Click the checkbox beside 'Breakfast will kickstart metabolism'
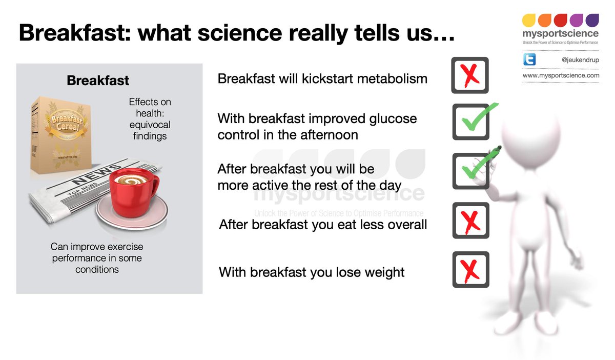(470, 75)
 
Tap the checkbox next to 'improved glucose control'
(470, 122)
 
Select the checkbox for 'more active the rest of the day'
(470, 171)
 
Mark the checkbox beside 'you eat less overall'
(470, 221)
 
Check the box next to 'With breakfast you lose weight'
(470, 270)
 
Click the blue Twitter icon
(529, 59)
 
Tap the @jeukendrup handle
(580, 59)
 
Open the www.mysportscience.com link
(561, 75)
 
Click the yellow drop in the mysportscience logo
(528, 21)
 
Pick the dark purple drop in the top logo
(592, 21)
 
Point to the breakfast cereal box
(61, 135)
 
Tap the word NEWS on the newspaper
(96, 174)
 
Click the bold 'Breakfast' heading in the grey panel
(98, 81)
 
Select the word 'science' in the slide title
(240, 33)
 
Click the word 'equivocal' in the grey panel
(150, 125)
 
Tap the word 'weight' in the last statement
(384, 273)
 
